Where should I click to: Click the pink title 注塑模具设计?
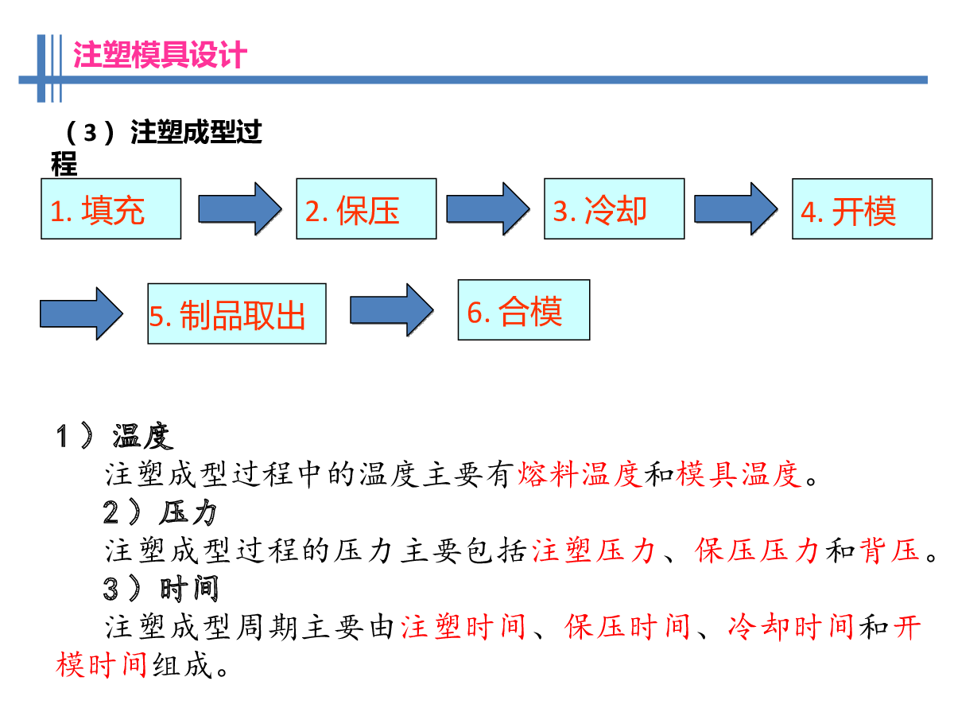(160, 55)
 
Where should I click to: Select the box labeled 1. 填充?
(111, 208)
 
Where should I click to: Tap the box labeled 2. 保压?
(366, 208)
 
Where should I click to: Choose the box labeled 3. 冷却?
(614, 208)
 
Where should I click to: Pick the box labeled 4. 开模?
(862, 208)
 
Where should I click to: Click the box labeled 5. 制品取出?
(236, 313)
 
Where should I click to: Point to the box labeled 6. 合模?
(523, 309)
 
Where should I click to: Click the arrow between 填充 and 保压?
(239, 208)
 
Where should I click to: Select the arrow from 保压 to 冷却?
(487, 208)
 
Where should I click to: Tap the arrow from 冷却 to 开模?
(735, 208)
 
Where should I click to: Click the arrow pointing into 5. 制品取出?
(81, 313)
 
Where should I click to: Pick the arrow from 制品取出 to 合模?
(392, 310)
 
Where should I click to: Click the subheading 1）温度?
(114, 435)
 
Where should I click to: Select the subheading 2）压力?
(160, 512)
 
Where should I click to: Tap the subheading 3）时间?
(161, 589)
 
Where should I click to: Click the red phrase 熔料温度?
(580, 474)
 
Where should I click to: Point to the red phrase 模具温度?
(739, 474)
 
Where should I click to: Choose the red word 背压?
(890, 551)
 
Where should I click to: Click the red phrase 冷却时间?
(790, 627)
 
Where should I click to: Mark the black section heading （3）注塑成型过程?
(157, 147)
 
